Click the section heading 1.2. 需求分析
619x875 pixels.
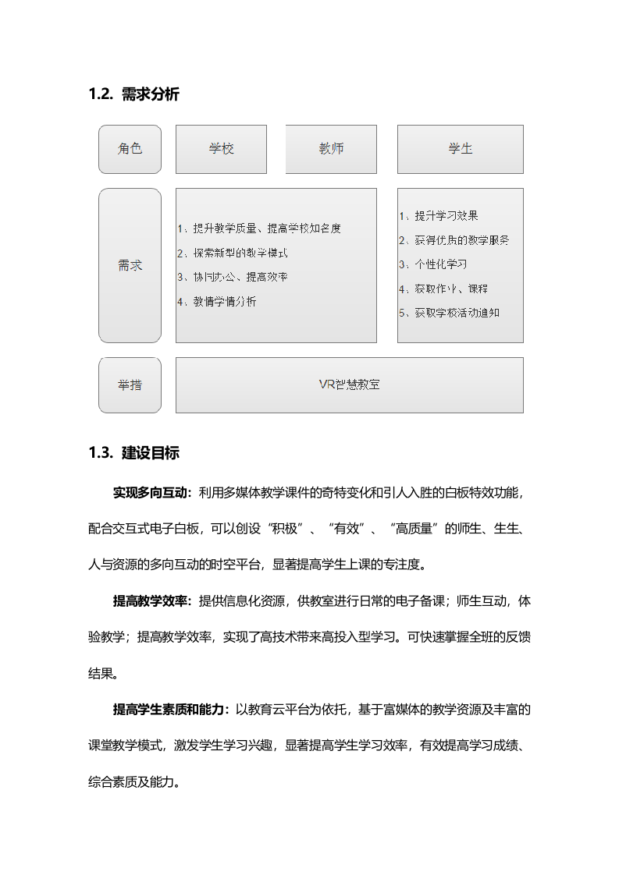(134, 95)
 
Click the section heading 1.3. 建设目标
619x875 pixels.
(134, 453)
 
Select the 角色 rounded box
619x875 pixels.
(130, 149)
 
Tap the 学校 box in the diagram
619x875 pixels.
(221, 149)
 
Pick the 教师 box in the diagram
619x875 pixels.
(331, 149)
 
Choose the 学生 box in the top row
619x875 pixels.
(460, 149)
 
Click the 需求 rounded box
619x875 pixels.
(130, 265)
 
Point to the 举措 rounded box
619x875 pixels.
(130, 384)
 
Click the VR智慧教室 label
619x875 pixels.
(349, 384)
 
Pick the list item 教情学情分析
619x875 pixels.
(224, 302)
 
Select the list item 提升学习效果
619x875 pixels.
(446, 216)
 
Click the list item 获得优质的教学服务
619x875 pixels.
(461, 240)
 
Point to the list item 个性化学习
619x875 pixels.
(440, 264)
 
